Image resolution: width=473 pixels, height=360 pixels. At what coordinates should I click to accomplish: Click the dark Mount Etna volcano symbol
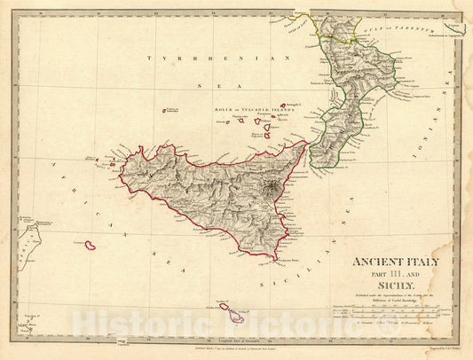coord(271,187)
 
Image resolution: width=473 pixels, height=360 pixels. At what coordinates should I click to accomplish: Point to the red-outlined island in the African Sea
coord(90,244)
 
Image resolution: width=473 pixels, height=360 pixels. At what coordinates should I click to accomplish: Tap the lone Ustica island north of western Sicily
coord(166,111)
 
